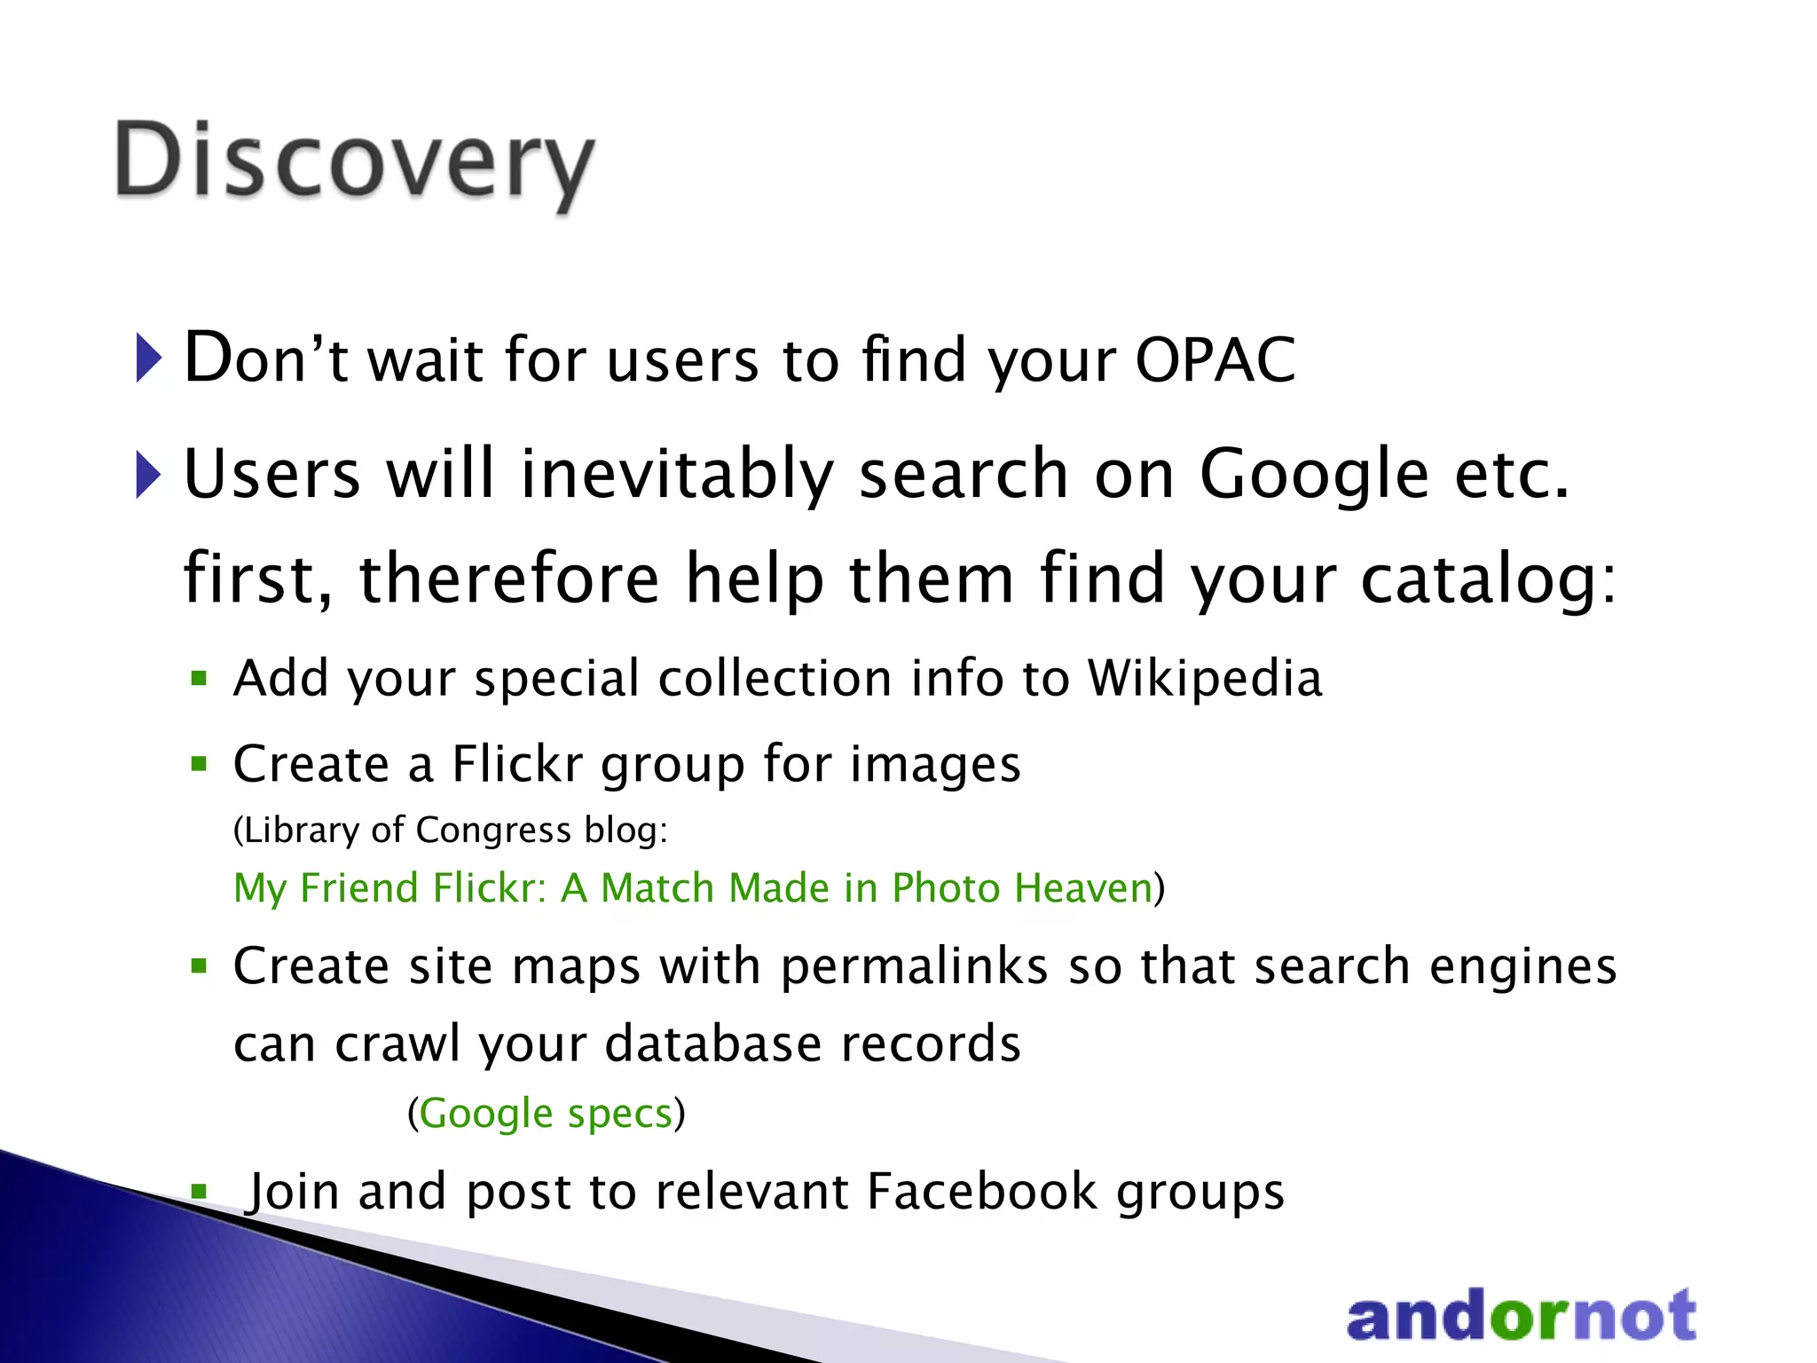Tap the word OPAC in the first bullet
coord(1215,360)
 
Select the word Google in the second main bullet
coord(1314,474)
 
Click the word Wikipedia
coord(1204,678)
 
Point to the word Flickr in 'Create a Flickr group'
coord(517,763)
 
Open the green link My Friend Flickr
coord(692,887)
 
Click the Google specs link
coord(546,1113)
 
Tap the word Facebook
coord(982,1191)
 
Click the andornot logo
coord(1521,1315)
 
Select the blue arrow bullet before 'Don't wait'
coord(148,358)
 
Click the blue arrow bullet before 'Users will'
coord(148,474)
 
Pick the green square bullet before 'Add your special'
coord(199,680)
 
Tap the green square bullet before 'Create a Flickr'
coord(199,763)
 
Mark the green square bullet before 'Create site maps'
coord(199,965)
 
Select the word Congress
coord(493,830)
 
